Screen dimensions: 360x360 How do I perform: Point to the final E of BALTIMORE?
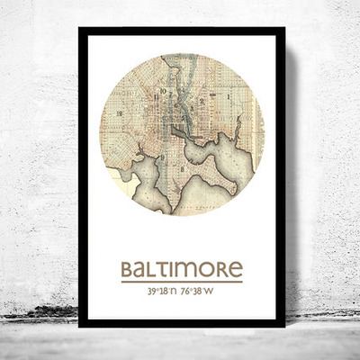click(236, 270)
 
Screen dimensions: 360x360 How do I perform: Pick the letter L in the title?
click(153, 270)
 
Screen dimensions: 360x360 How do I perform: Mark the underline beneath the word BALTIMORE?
click(181, 282)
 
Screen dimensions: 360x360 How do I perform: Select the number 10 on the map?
click(163, 91)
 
